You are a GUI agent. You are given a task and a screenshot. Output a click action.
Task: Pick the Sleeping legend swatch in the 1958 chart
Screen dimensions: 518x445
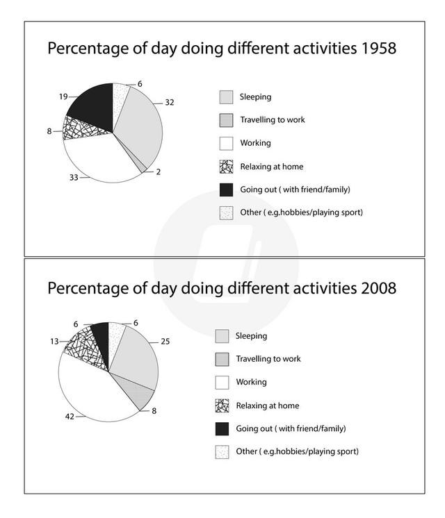coord(225,97)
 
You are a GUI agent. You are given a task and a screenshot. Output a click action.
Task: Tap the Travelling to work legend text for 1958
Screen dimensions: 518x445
coord(272,119)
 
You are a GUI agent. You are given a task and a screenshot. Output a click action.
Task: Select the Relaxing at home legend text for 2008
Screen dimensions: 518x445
coord(268,406)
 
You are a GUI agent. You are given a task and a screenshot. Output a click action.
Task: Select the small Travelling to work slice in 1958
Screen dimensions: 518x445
coord(142,165)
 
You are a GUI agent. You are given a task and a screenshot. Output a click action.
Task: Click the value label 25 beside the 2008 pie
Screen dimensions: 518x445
coord(164,342)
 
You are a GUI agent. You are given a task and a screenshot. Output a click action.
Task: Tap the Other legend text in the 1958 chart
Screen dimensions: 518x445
coord(300,212)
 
